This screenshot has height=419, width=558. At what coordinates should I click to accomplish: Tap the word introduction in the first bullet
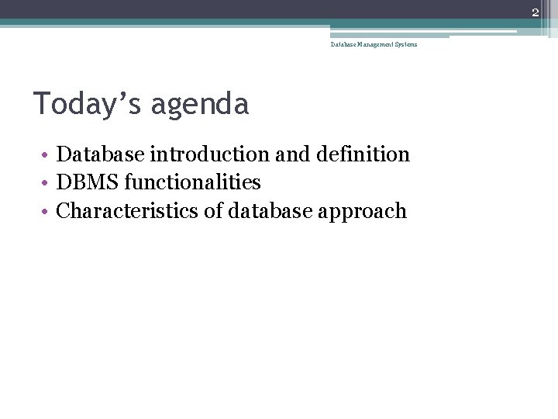coord(210,154)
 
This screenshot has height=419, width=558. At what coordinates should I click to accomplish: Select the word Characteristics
coord(128,211)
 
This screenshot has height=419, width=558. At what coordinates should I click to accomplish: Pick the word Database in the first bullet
coord(101,154)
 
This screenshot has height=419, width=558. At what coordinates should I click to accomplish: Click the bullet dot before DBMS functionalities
coord(46,184)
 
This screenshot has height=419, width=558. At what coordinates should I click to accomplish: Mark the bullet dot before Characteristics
coord(46,212)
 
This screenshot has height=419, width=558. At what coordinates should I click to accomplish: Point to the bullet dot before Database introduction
coord(46,155)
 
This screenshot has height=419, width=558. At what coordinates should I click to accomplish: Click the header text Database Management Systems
coord(374,44)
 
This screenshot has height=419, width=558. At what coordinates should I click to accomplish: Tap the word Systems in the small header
coord(407,44)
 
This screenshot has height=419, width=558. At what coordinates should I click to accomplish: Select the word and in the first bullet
coord(291,154)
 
